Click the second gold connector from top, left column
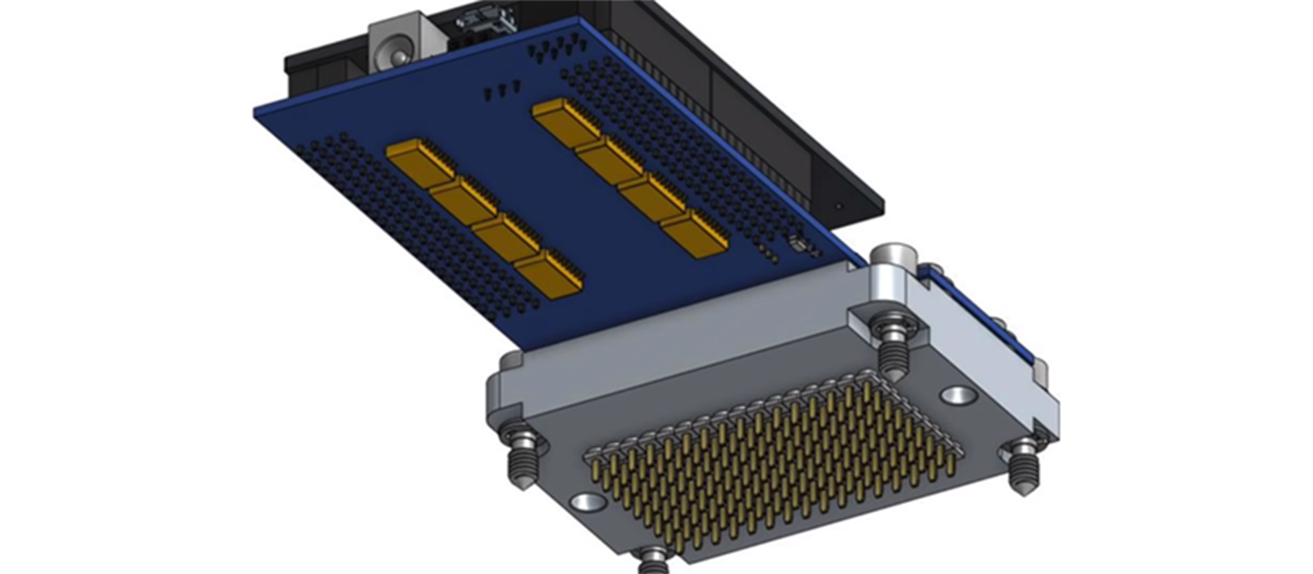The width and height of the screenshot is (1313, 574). tap(464, 200)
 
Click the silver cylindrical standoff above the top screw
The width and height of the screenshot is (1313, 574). tap(893, 263)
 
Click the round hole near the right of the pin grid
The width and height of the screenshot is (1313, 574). tap(958, 397)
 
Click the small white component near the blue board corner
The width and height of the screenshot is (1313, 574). tap(795, 243)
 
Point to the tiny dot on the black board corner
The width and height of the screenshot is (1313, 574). tap(838, 206)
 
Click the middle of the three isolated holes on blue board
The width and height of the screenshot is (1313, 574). tap(504, 89)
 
